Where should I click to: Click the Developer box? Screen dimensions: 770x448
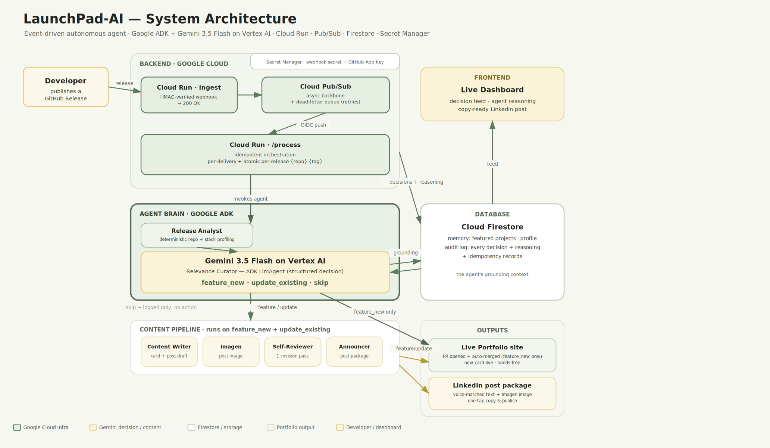point(66,87)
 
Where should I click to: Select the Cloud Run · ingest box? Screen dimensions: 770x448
point(189,95)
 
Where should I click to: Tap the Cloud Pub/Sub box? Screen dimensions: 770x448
point(326,95)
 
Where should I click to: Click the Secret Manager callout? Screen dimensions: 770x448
point(325,62)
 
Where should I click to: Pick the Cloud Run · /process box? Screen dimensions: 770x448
point(265,155)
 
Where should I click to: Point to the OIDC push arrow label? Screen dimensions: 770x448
point(313,125)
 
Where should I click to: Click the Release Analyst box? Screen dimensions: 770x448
point(197,235)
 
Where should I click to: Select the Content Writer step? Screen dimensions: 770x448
point(169,352)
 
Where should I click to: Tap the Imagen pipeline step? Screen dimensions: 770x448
point(231,352)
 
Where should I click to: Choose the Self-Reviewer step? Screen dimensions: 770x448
point(293,352)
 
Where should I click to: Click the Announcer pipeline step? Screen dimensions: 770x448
point(354,352)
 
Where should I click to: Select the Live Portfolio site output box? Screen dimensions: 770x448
point(492,355)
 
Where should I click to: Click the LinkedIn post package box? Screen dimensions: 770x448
point(492,393)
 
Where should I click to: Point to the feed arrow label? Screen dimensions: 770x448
point(492,164)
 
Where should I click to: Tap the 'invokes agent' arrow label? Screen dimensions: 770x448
point(250,199)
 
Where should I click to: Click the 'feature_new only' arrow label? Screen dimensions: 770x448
point(375,312)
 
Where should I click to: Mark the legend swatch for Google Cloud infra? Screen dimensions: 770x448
point(17,427)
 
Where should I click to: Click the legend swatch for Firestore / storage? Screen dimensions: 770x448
point(191,427)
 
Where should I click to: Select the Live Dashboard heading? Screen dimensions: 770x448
point(492,90)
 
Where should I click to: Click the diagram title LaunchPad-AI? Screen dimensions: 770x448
point(73,19)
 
